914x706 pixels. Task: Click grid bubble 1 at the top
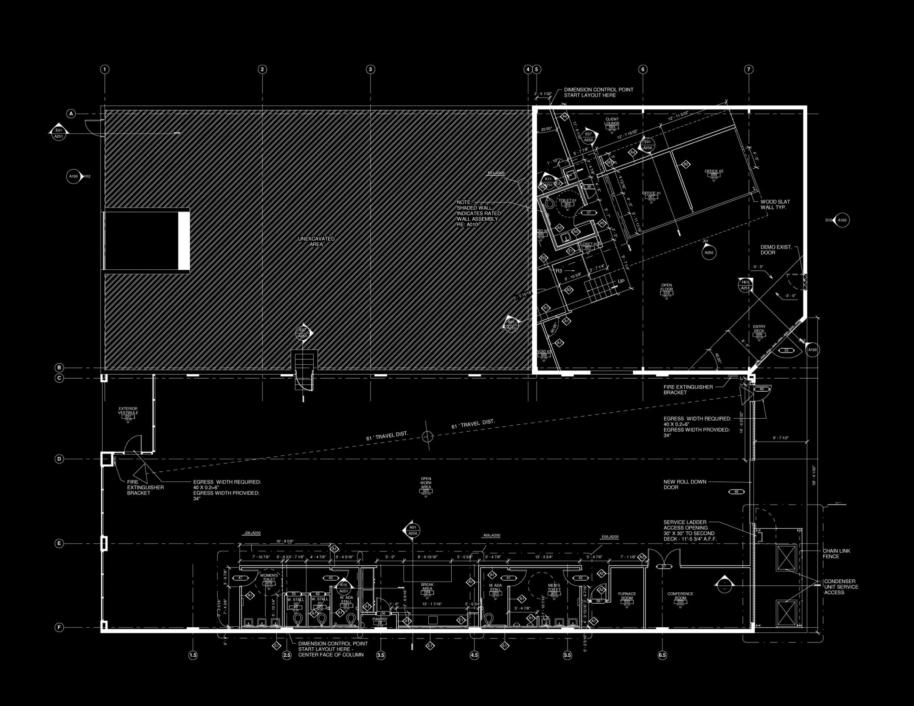pos(104,69)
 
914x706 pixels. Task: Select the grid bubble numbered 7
pos(749,69)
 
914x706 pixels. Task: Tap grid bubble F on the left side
pos(60,627)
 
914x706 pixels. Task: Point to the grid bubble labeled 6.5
pos(662,655)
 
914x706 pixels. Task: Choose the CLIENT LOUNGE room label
pos(612,121)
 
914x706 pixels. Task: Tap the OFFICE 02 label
pos(714,171)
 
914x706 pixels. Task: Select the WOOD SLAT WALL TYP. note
pos(775,205)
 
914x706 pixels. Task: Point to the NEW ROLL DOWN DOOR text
pos(685,484)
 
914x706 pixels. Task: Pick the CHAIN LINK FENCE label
pos(836,554)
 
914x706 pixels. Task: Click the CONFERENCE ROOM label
pos(680,596)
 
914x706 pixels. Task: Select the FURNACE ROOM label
pos(627,596)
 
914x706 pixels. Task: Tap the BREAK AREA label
pos(427,587)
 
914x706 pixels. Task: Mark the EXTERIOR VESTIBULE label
pos(128,410)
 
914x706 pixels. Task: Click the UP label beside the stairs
pos(621,282)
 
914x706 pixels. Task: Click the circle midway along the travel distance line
pos(427,436)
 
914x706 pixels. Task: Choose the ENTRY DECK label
pos(759,329)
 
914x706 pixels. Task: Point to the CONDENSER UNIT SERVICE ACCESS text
pos(841,587)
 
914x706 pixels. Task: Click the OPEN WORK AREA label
pos(426,483)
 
